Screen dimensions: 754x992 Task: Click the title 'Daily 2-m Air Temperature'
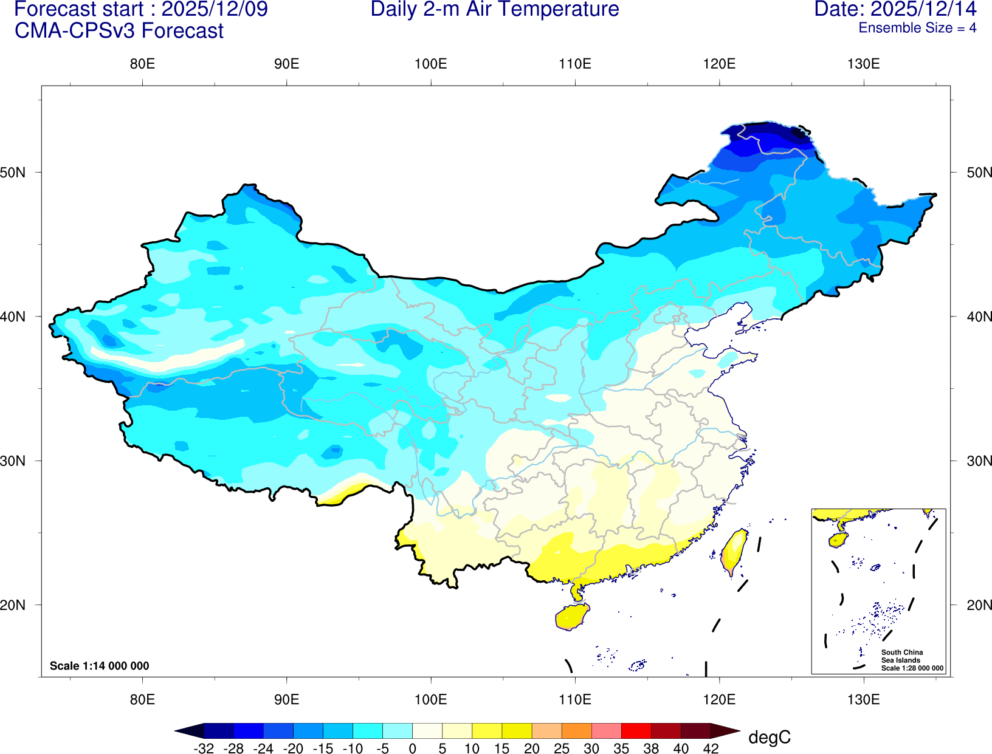pyautogui.click(x=495, y=10)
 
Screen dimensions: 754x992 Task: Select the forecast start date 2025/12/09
pyautogui.click(x=215, y=10)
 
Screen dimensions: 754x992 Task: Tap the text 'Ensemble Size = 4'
pyautogui.click(x=917, y=28)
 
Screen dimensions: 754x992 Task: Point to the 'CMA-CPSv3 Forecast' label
pyautogui.click(x=119, y=31)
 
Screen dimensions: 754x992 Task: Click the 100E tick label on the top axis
pyautogui.click(x=430, y=64)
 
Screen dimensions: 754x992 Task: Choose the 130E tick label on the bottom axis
pyautogui.click(x=863, y=699)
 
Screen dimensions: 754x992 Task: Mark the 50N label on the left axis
pyautogui.click(x=13, y=173)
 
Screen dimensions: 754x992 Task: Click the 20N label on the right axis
pyautogui.click(x=979, y=605)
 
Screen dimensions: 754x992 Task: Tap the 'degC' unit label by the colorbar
pyautogui.click(x=770, y=738)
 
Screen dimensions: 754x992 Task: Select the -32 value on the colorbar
pyautogui.click(x=204, y=749)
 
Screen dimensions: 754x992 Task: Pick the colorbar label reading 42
pyautogui.click(x=711, y=749)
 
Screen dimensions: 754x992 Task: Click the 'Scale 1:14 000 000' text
pyautogui.click(x=99, y=666)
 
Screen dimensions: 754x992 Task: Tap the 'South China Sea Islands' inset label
pyautogui.click(x=901, y=656)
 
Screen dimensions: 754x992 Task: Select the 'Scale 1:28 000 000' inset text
pyautogui.click(x=912, y=668)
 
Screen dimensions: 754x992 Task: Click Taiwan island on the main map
pyautogui.click(x=734, y=551)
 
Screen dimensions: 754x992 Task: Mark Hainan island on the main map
pyautogui.click(x=572, y=617)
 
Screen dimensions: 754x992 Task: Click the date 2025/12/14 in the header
pyautogui.click(x=924, y=10)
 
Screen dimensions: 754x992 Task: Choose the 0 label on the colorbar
pyautogui.click(x=412, y=749)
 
